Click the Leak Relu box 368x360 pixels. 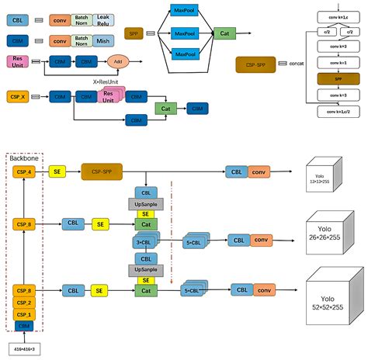103,18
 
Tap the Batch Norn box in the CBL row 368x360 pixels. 81,18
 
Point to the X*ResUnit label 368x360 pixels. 104,80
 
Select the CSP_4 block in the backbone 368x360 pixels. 23,171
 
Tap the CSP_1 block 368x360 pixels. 23,314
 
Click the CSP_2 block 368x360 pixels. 23,302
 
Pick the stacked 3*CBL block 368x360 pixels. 144,242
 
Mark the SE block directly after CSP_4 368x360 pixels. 57,171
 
